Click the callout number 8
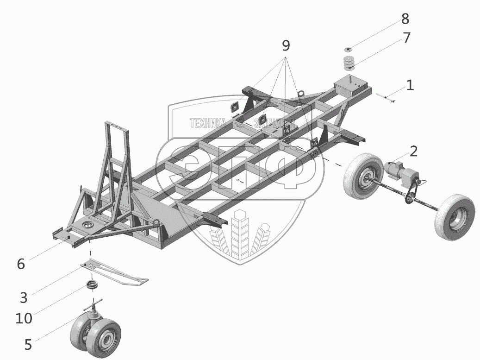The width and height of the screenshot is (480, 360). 405,19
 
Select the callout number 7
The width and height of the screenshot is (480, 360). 406,38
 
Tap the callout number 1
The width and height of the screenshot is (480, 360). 410,85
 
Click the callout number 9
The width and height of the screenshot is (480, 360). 286,45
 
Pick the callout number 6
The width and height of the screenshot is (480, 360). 20,264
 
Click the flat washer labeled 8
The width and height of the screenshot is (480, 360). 349,49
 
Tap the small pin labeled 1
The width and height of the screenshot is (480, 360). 385,97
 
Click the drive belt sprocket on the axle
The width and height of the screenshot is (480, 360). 409,200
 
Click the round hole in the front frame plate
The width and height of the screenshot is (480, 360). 87,225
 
